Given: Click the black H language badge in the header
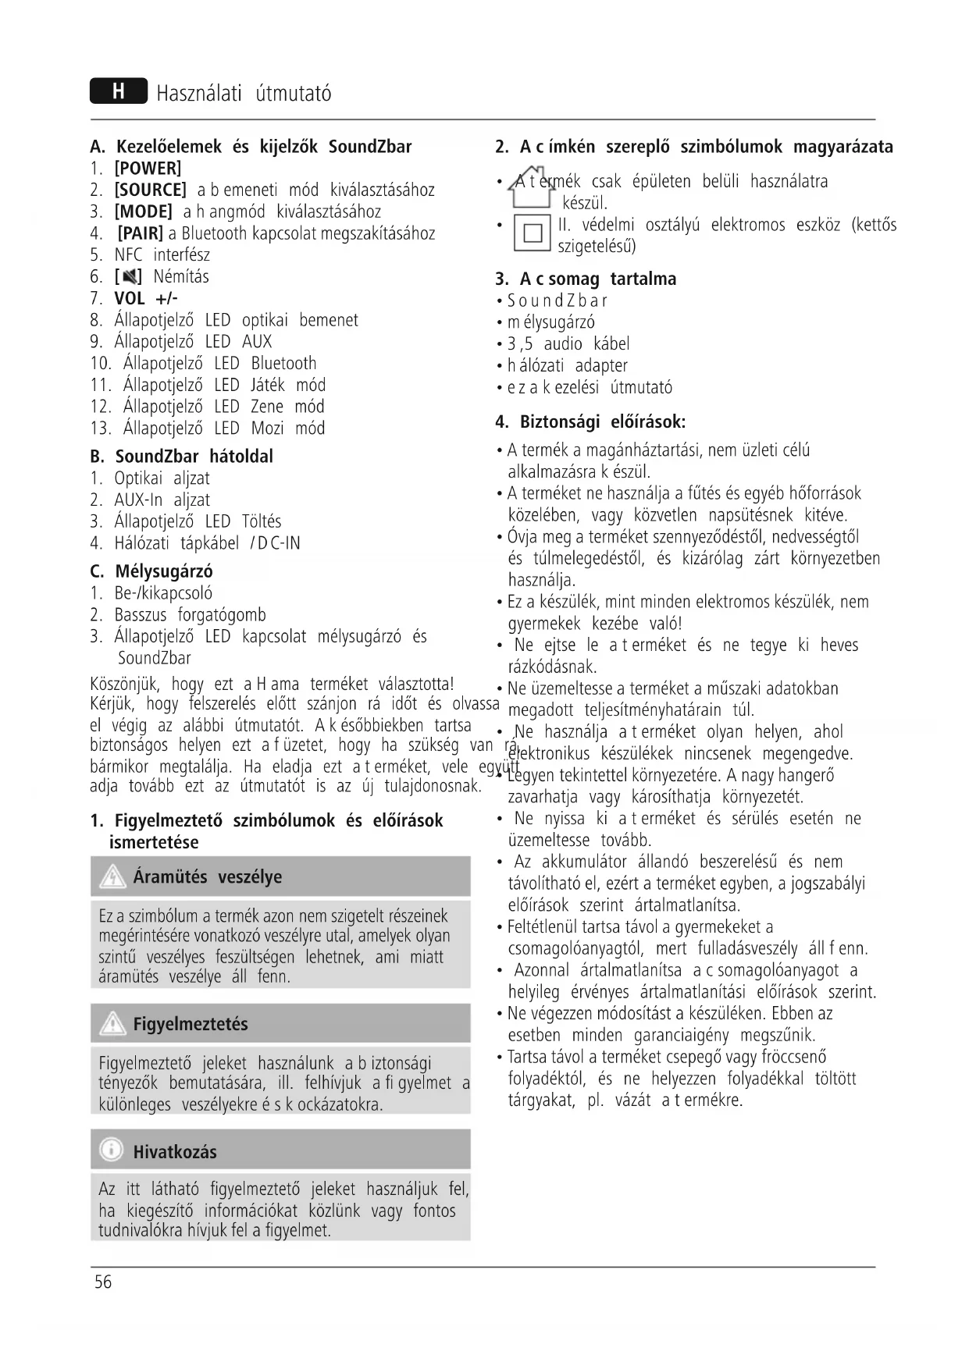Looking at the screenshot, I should (118, 92).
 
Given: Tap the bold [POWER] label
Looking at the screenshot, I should (148, 169).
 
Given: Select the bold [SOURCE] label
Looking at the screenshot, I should (150, 190).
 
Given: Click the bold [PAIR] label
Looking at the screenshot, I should (140, 233).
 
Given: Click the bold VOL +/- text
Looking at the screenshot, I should (146, 298).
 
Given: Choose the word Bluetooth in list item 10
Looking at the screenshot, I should (283, 364).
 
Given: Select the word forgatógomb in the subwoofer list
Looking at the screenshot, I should (222, 615).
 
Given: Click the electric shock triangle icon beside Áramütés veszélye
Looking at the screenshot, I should (113, 877).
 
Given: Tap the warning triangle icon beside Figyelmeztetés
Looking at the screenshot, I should (113, 1023).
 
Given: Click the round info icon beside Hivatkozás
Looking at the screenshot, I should (112, 1150).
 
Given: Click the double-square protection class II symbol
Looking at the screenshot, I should (533, 233).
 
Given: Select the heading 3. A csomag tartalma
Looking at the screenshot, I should (586, 279).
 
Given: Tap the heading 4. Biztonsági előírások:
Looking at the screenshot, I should (590, 422).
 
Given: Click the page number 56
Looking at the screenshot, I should (103, 1282).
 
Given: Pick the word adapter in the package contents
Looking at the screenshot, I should (601, 366).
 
